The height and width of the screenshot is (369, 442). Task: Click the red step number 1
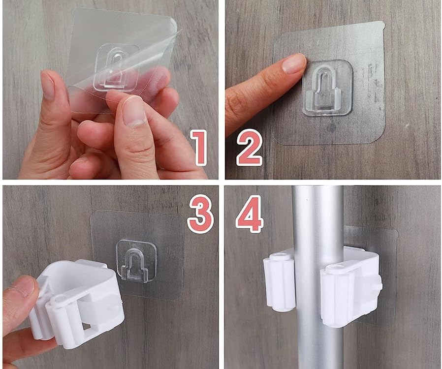(199, 147)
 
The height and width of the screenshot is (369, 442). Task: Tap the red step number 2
(249, 147)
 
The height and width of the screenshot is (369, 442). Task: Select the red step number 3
(200, 214)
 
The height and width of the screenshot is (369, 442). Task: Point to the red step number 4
(250, 214)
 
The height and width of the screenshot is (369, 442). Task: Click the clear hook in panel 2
(327, 88)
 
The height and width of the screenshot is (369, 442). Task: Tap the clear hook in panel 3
(136, 261)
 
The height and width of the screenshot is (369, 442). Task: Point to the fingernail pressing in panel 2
(294, 63)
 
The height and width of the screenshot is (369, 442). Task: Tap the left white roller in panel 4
(279, 282)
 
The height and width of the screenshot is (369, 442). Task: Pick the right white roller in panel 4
(335, 296)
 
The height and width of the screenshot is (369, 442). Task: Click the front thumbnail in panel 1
(133, 111)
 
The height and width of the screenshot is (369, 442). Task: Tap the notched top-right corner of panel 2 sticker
(382, 25)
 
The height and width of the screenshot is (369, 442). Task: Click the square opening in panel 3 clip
(89, 327)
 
